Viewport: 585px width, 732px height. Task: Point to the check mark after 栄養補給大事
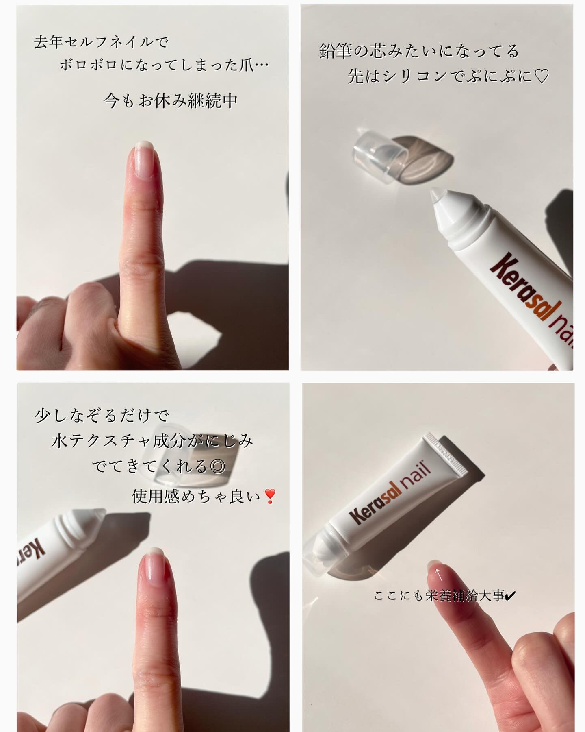[x=510, y=597]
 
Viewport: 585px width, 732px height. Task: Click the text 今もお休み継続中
[x=171, y=100]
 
